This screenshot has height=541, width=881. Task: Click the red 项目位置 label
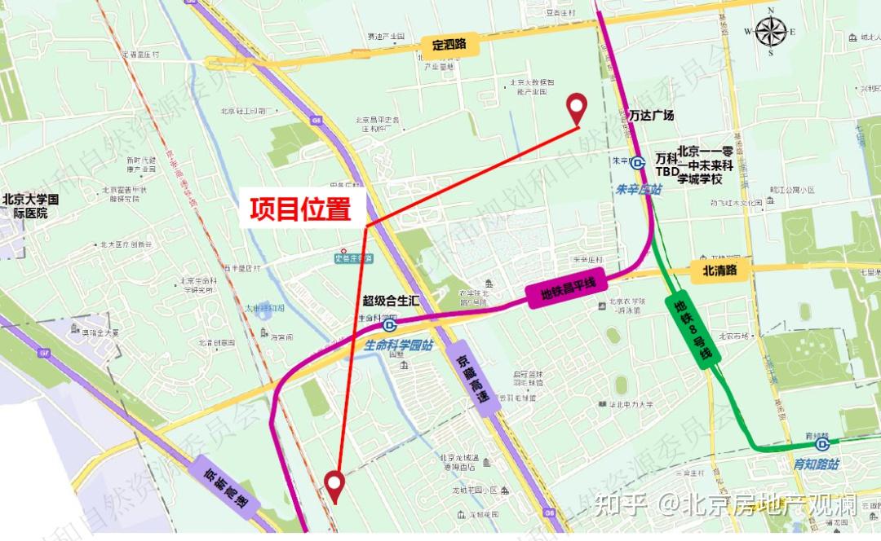point(300,210)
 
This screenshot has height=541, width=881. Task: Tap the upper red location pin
point(578,106)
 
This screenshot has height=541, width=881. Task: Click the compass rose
point(770,32)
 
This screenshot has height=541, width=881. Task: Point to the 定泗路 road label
point(449,45)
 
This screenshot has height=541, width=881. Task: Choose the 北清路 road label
point(719,271)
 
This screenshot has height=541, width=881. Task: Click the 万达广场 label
point(653,116)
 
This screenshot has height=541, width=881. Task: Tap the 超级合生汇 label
point(391,301)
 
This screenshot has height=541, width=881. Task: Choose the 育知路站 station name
point(816,464)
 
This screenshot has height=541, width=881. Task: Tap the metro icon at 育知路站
point(822,445)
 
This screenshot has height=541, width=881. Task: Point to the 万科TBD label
point(666,165)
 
